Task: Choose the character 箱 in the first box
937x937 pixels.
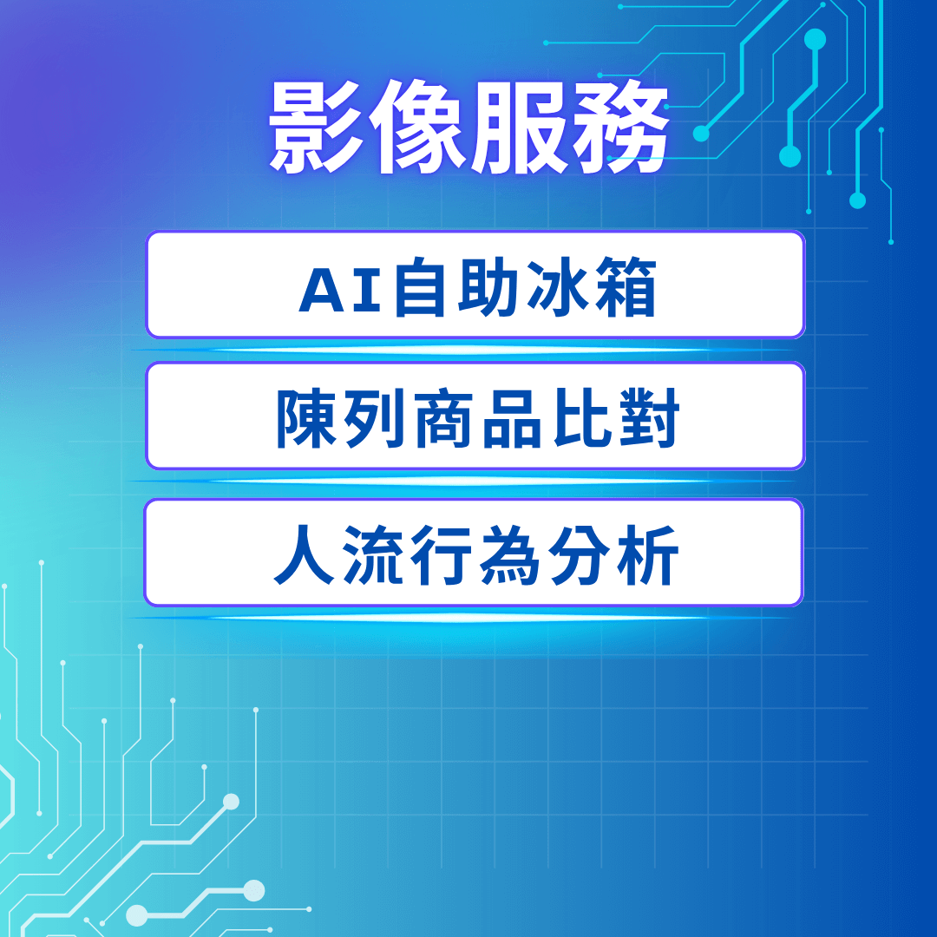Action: [625, 287]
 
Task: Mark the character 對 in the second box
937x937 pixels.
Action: [649, 418]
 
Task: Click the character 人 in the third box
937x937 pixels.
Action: [304, 555]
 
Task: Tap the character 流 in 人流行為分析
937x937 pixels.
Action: [373, 555]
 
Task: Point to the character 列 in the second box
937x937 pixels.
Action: [376, 418]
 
